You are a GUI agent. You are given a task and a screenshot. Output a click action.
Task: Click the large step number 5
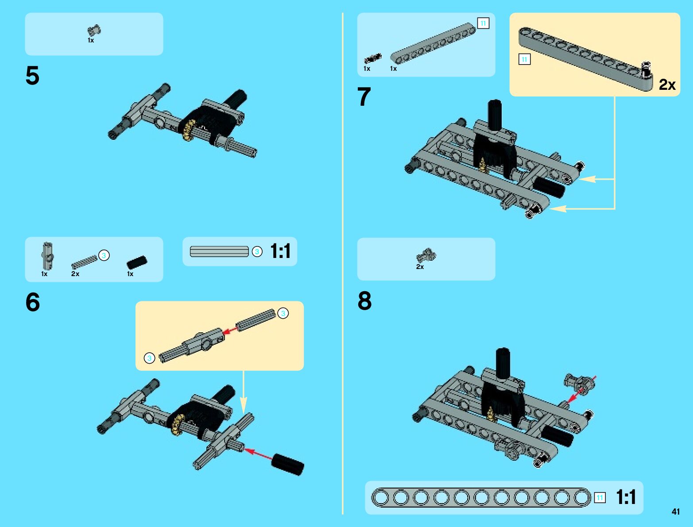pos(32,76)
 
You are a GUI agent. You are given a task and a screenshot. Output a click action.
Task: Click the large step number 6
pos(32,302)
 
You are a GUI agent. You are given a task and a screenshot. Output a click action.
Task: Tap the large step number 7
pos(364,96)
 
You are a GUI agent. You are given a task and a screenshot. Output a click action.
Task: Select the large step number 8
pos(364,300)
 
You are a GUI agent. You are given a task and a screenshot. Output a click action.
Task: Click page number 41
pos(676,512)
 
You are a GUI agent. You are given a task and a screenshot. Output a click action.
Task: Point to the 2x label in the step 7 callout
pos(667,85)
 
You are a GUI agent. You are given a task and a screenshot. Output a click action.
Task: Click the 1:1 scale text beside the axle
pos(280,251)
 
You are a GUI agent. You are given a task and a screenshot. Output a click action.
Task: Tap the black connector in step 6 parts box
pos(137,262)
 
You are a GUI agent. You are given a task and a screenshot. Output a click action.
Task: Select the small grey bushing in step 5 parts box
pos(94,31)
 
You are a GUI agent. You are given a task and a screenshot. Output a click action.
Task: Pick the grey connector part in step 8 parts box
pos(426,255)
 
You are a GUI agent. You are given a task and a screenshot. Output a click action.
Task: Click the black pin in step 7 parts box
pos(372,58)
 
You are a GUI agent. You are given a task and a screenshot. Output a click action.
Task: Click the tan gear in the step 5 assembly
pos(189,131)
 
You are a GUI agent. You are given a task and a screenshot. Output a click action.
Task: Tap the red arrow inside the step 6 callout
pos(230,330)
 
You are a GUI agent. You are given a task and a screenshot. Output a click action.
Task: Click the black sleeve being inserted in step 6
pos(288,464)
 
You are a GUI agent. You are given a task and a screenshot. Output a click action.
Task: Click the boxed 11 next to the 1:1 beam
pos(600,498)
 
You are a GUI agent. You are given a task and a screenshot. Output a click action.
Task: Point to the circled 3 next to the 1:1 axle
pos(257,252)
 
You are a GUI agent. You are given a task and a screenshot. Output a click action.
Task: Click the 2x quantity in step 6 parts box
pos(75,274)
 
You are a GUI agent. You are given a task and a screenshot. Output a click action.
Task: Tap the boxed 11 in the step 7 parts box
pos(483,23)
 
